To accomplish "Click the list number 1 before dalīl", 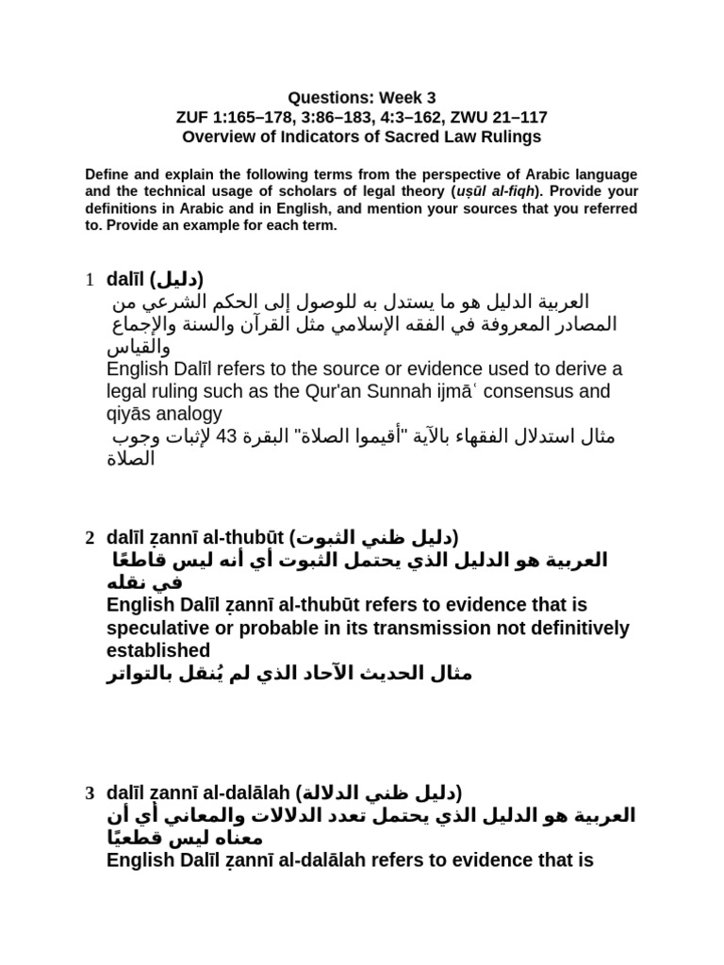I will (x=89, y=280).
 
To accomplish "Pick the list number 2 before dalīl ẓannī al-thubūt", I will (x=89, y=538).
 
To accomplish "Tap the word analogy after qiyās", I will (x=189, y=413).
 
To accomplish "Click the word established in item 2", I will (x=158, y=650).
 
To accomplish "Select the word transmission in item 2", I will (x=403, y=628).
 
